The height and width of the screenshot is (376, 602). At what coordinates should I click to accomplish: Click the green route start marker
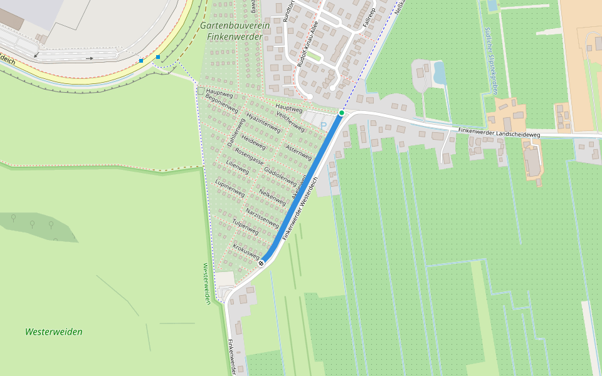342,113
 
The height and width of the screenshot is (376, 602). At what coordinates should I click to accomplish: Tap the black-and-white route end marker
261,263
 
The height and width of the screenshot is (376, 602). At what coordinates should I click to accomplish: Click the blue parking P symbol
324,126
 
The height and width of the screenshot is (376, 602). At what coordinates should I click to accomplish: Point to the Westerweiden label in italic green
54,332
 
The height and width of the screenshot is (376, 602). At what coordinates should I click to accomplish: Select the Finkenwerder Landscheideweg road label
499,132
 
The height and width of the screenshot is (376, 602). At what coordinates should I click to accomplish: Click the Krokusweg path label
246,251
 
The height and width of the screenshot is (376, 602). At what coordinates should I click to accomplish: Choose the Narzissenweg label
262,217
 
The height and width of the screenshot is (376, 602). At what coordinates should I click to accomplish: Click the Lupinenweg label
230,188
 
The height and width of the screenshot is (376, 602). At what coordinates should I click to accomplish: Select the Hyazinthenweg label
263,123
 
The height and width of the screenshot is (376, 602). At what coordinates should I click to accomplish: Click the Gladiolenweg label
280,175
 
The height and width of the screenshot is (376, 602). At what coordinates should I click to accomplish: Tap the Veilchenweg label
290,122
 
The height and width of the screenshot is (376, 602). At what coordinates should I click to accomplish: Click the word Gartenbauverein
235,26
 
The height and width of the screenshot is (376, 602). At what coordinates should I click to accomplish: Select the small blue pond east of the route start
439,73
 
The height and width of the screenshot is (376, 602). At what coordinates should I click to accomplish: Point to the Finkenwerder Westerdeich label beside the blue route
300,207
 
